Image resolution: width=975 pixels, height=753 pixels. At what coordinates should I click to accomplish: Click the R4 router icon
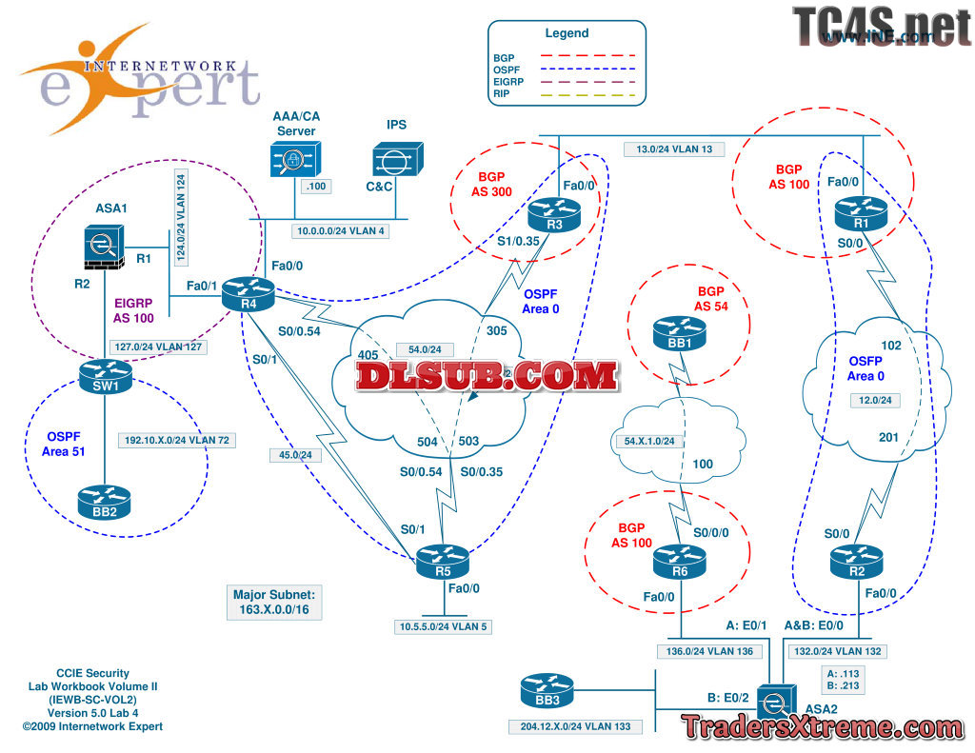(248, 293)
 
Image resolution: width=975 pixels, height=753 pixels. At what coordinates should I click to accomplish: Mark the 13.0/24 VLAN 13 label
(674, 149)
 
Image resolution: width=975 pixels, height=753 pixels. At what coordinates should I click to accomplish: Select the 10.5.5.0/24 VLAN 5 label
(444, 626)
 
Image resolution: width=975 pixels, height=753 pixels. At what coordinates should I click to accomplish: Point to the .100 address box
(316, 187)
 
